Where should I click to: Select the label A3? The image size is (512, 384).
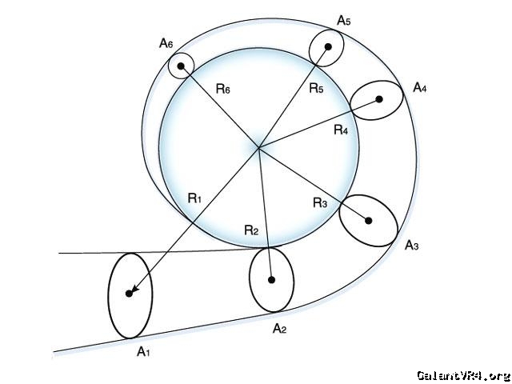tap(412, 245)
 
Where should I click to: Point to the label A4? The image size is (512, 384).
tap(419, 88)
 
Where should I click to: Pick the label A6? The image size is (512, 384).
tap(166, 44)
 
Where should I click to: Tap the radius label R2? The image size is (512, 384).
tap(251, 230)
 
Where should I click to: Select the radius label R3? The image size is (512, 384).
tap(320, 203)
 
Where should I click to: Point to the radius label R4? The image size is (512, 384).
tap(342, 130)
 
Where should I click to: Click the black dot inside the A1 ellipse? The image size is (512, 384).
tap(129, 294)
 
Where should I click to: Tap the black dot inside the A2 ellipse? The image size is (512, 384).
tap(272, 280)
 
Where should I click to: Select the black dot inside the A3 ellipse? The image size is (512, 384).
tap(369, 220)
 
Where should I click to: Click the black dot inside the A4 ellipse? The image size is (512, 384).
tap(379, 99)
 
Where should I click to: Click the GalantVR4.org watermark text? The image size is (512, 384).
tap(462, 374)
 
